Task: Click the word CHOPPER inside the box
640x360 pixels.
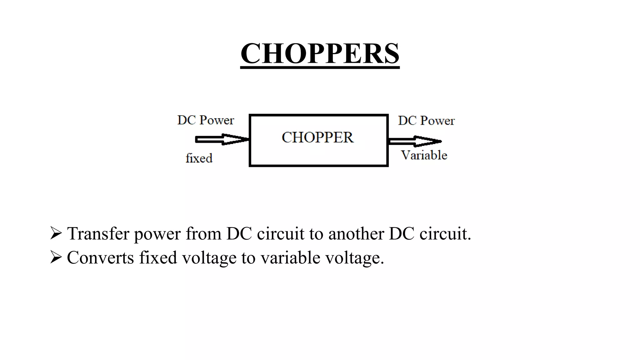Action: tap(317, 137)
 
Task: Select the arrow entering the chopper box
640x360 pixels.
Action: tap(222, 139)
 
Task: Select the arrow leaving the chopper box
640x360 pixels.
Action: tap(415, 141)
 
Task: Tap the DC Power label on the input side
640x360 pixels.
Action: tap(205, 120)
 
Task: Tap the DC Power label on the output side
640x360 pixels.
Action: tap(426, 121)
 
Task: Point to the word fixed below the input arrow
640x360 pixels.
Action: tap(199, 158)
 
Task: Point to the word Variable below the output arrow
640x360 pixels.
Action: tap(424, 155)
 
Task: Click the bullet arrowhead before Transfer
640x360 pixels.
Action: tap(56, 233)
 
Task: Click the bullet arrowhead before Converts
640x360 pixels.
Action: tap(56, 257)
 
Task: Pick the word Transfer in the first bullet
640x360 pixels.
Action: tap(98, 233)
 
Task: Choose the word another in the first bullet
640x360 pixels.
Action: tap(356, 233)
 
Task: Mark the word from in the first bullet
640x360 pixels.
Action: tap(203, 233)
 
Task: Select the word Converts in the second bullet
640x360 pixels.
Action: tap(100, 257)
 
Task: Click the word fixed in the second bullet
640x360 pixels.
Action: tap(158, 257)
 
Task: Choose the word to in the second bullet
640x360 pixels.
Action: tap(248, 258)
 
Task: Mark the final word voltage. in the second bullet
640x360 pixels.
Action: tap(354, 258)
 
